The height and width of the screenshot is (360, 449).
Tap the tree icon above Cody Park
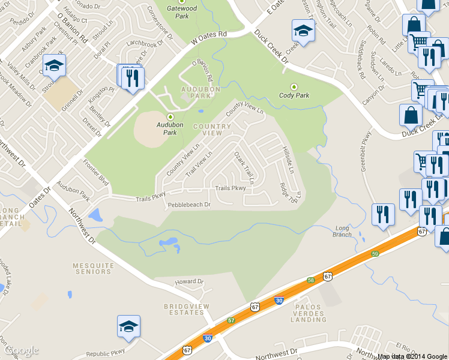294,86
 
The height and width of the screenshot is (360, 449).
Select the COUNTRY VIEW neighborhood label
212,130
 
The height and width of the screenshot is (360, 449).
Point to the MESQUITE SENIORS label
92,268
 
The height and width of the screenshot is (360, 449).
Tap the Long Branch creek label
343,231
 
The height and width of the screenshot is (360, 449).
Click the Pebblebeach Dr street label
189,205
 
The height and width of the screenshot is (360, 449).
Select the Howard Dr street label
189,281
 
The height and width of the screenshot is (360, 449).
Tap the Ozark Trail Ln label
244,167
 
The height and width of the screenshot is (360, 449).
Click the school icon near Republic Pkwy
128,327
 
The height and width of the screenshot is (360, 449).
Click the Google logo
22,350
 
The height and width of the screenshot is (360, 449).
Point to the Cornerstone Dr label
160,23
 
